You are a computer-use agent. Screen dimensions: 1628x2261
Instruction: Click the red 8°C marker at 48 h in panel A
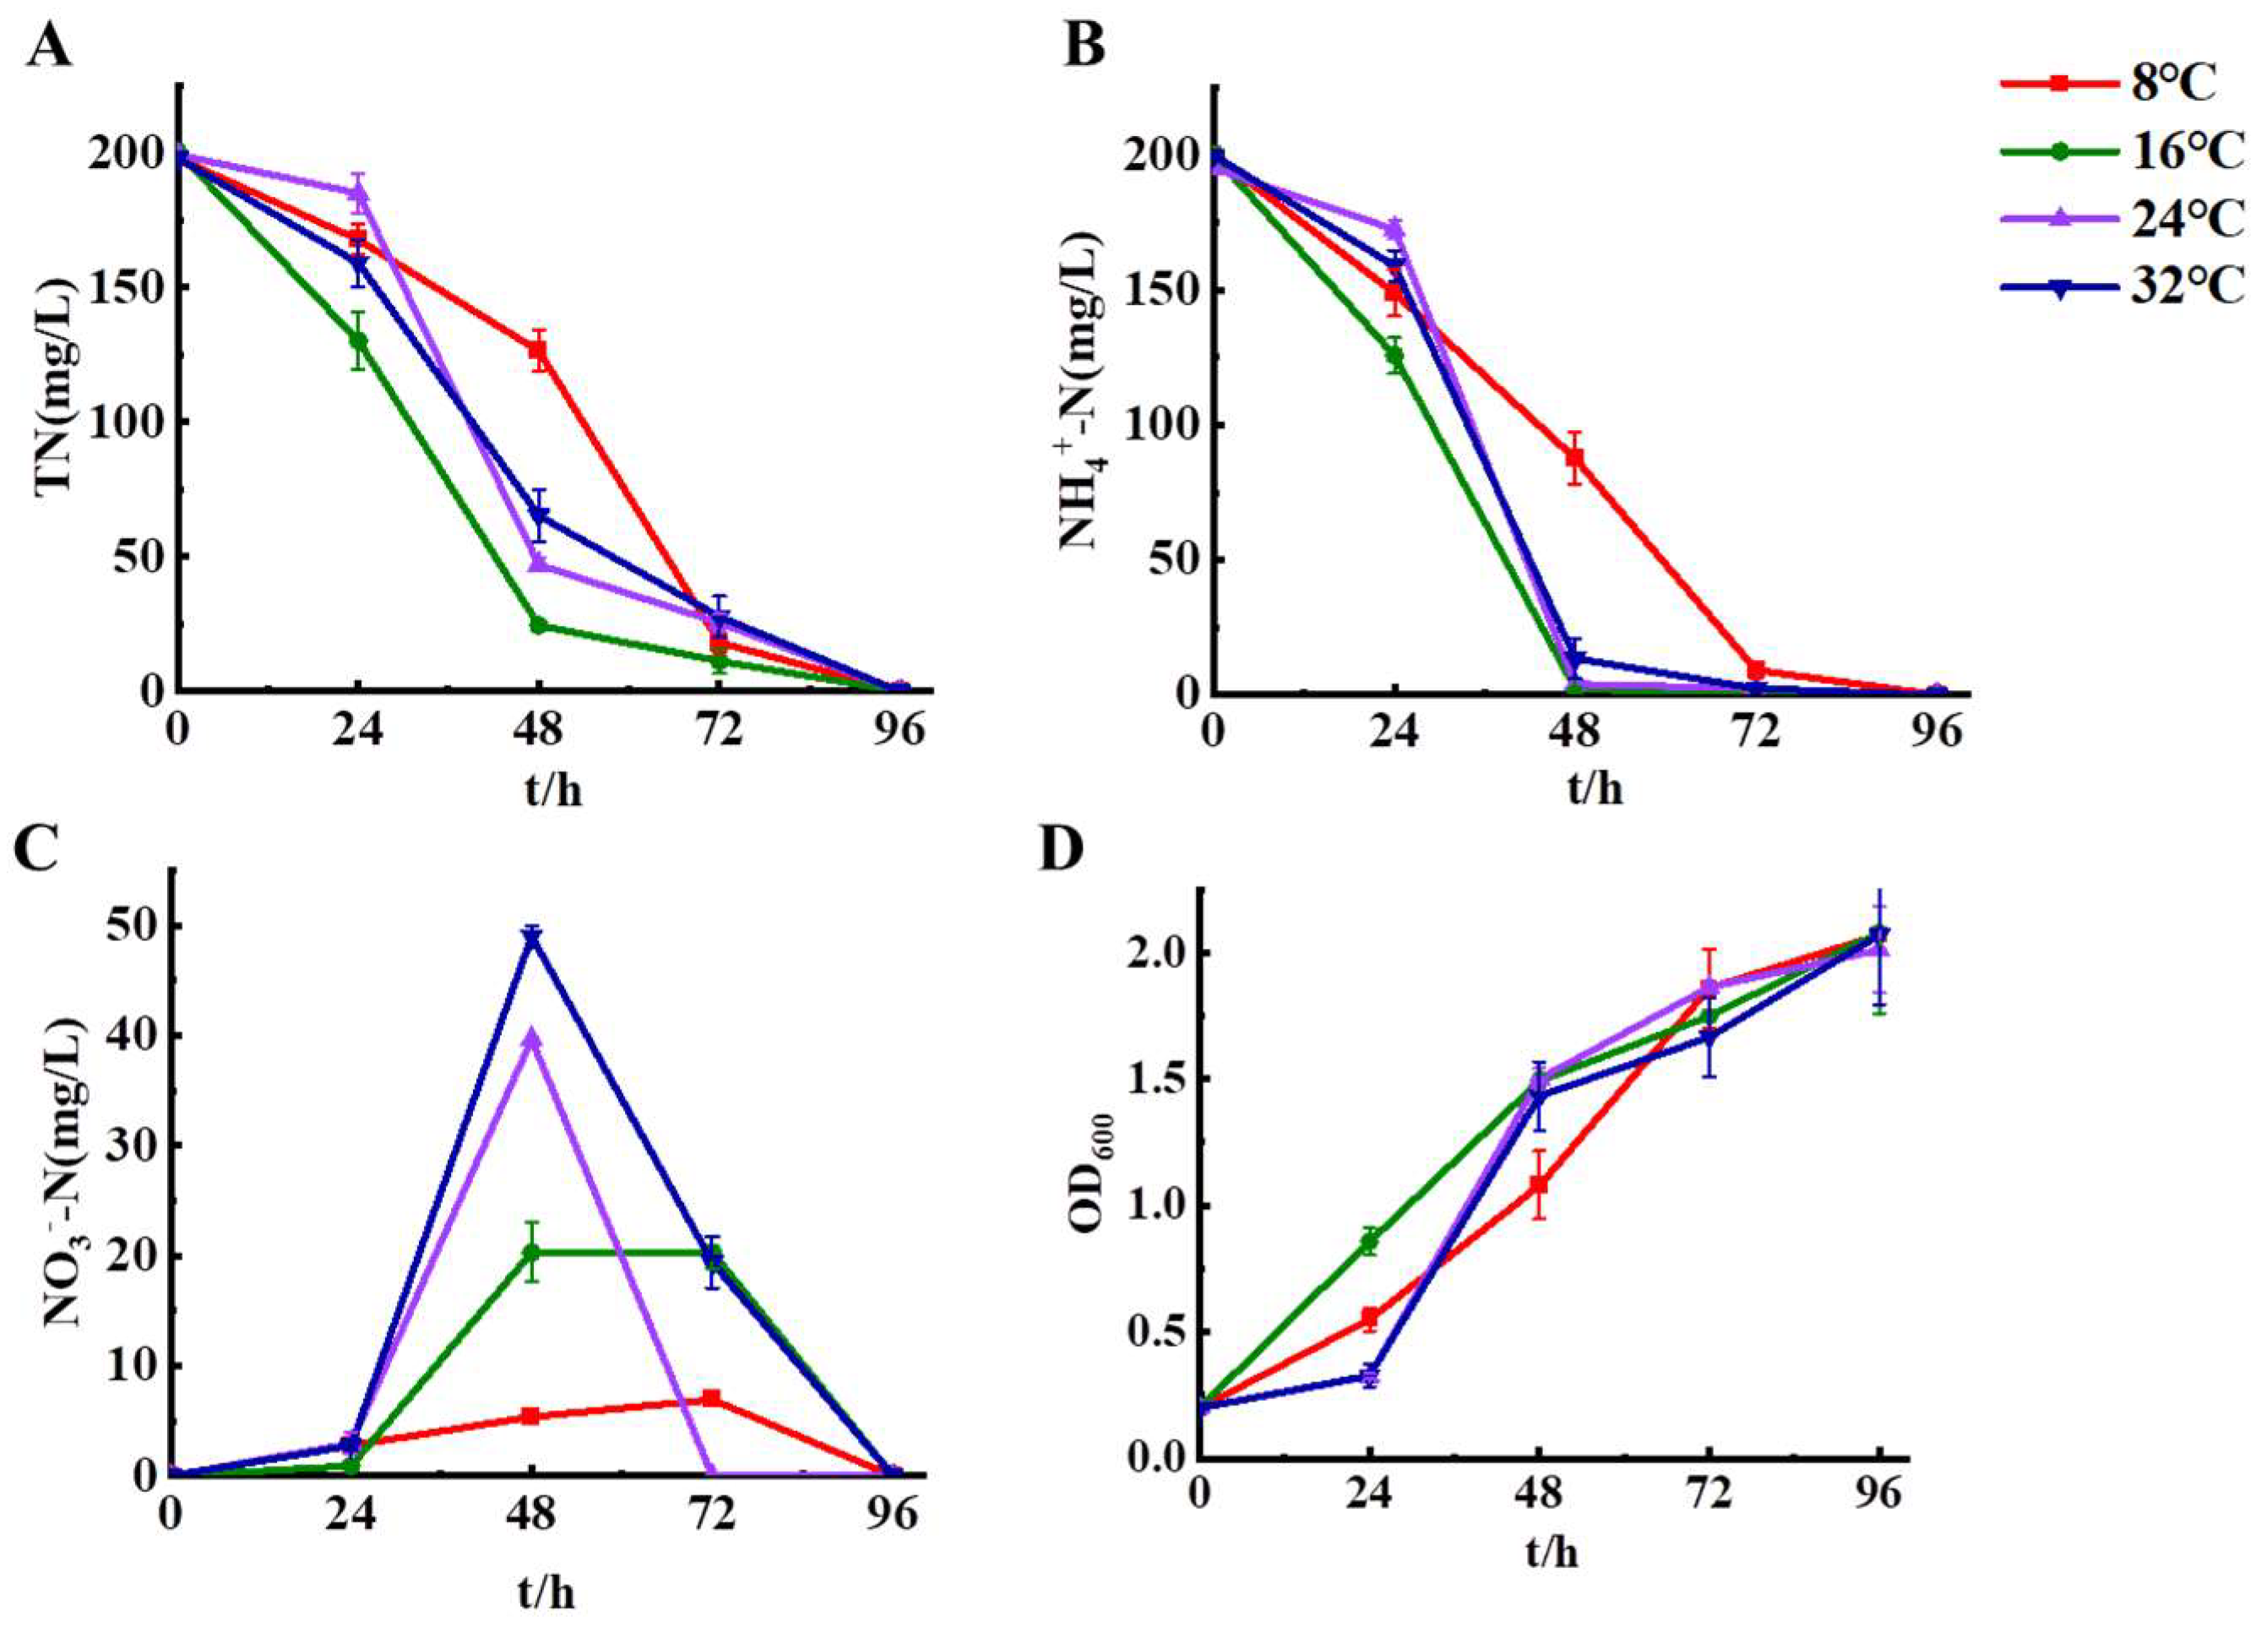538,350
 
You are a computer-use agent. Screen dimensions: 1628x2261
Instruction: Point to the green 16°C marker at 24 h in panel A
358,340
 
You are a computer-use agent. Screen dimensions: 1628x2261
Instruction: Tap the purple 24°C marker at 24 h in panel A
359,192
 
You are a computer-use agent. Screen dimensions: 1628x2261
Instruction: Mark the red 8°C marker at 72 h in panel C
712,1399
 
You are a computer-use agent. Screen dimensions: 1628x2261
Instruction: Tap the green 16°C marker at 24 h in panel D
1370,1242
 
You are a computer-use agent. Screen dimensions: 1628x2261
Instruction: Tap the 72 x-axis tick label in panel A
719,732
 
